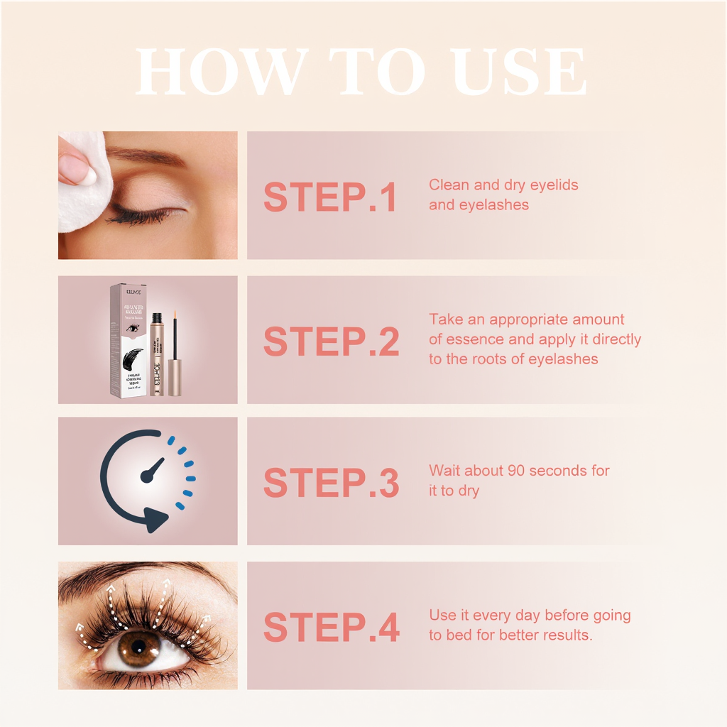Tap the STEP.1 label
pyautogui.click(x=329, y=197)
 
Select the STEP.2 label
pyautogui.click(x=331, y=342)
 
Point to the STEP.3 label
pyautogui.click(x=331, y=483)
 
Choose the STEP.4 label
pyautogui.click(x=331, y=628)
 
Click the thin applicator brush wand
pyautogui.click(x=175, y=334)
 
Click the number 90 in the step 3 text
pyautogui.click(x=516, y=471)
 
